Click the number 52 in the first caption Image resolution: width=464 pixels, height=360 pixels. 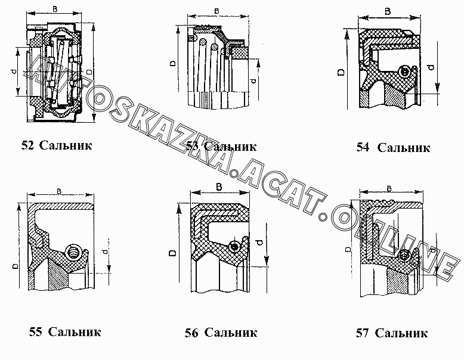tap(27, 145)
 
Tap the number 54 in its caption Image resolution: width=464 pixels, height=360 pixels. tap(363, 148)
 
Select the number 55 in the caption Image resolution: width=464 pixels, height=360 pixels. tap(35, 331)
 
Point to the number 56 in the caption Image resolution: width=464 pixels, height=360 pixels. tap(191, 333)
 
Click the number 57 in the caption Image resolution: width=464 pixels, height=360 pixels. tap(363, 333)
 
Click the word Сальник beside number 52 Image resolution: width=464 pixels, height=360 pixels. tap(66, 145)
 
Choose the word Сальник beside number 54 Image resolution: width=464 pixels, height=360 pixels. tap(404, 148)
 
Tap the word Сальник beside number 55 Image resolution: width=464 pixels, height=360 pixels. tap(75, 331)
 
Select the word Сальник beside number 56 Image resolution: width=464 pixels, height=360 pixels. tap(231, 333)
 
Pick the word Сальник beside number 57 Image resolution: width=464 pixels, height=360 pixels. tap(403, 333)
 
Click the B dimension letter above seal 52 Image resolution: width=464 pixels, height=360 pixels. tap(55, 10)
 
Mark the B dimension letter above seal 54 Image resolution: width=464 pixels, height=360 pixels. tap(388, 11)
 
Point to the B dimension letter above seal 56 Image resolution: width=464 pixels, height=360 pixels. tap(219, 187)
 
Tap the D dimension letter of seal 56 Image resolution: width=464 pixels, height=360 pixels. tap(172, 253)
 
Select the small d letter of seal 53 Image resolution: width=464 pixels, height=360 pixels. tap(253, 80)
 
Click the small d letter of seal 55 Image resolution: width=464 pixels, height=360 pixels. tap(106, 251)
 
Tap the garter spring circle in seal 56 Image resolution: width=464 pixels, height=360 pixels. tap(235, 246)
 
